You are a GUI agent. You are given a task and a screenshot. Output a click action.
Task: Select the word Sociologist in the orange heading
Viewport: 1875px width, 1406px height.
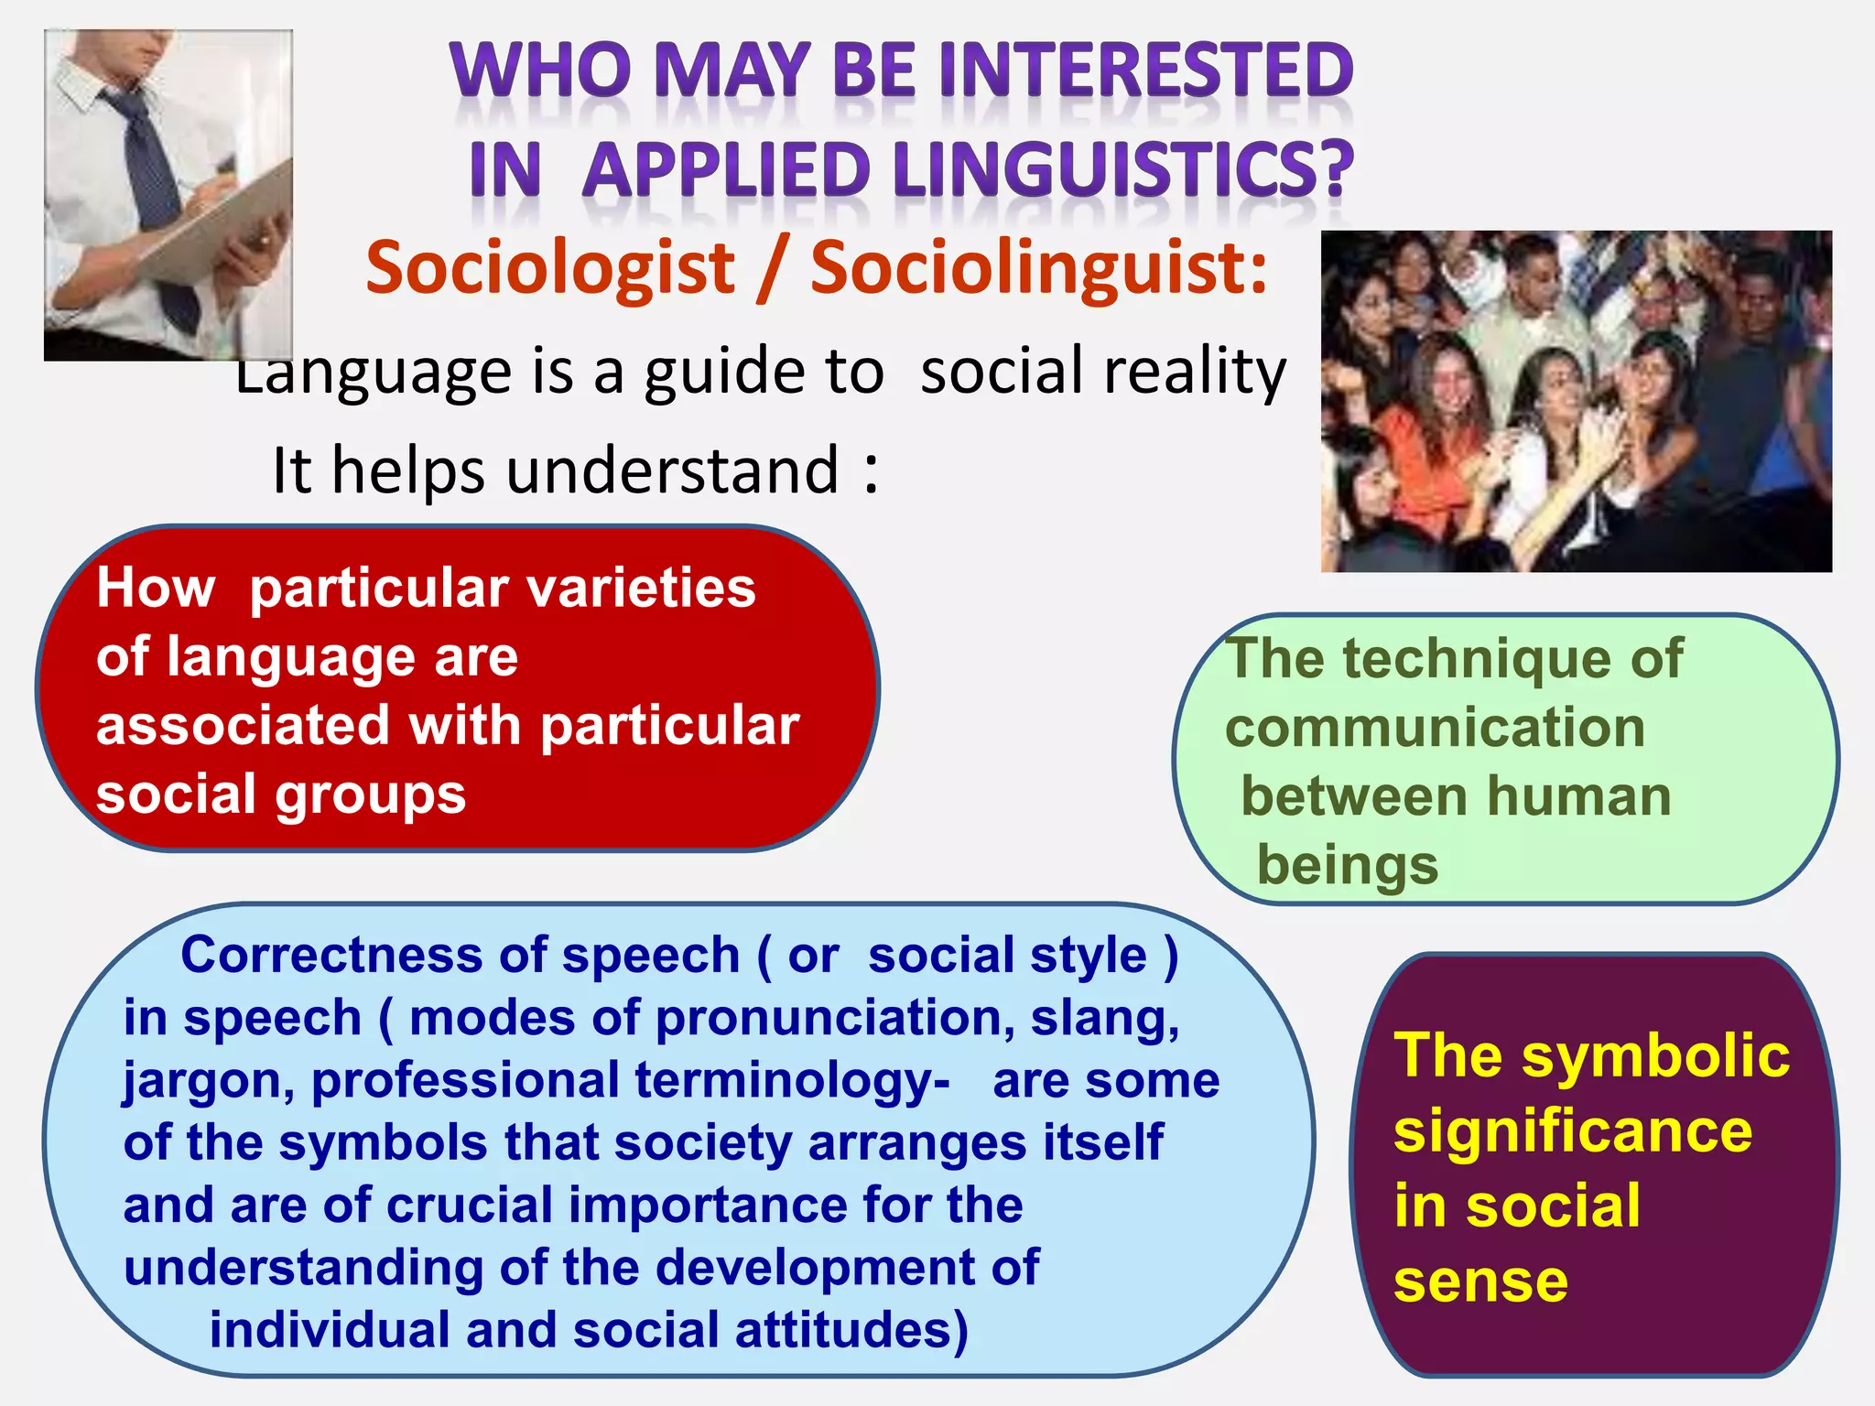point(550,268)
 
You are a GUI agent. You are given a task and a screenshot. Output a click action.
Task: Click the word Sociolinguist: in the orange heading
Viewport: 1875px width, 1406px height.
point(1039,268)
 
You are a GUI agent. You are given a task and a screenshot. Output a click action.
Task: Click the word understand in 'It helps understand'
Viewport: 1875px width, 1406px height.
point(673,470)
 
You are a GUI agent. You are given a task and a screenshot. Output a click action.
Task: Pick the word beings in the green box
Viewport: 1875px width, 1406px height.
point(1348,866)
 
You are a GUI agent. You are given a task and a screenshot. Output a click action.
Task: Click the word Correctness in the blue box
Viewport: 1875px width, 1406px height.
point(331,956)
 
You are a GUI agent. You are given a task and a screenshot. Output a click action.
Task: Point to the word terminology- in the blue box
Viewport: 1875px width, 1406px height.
point(792,1082)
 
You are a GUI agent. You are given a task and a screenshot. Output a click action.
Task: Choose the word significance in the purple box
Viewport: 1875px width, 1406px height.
point(1573,1132)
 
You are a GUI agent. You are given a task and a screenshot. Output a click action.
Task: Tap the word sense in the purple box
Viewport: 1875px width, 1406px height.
point(1480,1282)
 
